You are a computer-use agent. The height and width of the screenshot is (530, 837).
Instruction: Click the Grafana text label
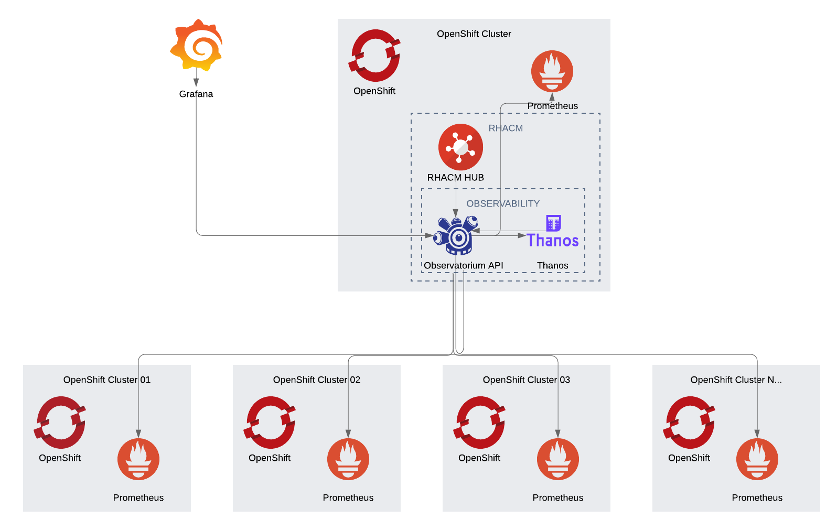[196, 94]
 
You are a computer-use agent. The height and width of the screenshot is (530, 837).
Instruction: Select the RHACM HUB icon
[460, 147]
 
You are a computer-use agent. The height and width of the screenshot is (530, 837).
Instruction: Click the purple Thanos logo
[553, 232]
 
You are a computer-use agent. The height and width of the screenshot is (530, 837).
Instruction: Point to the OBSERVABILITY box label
[502, 203]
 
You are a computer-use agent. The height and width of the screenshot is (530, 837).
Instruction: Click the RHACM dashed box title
[506, 128]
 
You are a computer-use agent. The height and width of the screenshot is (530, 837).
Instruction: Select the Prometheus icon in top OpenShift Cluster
[552, 71]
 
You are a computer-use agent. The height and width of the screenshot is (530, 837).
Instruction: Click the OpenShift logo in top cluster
[374, 56]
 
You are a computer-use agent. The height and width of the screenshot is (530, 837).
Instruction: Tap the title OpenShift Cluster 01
[107, 380]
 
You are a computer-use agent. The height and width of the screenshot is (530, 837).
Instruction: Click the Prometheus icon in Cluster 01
[138, 459]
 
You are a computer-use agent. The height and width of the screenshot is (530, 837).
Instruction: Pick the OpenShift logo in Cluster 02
[270, 423]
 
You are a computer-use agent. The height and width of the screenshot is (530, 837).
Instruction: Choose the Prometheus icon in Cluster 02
[348, 459]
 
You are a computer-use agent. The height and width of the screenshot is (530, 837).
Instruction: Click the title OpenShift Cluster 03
[526, 380]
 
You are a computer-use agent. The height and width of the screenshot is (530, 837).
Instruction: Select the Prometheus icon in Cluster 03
[558, 459]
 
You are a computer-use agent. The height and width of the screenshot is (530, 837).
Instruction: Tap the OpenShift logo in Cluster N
[689, 423]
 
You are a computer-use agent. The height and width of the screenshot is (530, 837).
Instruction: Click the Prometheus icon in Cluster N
[757, 459]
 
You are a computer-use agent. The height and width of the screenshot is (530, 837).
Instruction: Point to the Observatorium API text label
[464, 266]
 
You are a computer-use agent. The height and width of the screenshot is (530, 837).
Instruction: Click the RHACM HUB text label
[455, 178]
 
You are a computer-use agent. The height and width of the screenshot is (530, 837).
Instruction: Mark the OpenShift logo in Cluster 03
[479, 423]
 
